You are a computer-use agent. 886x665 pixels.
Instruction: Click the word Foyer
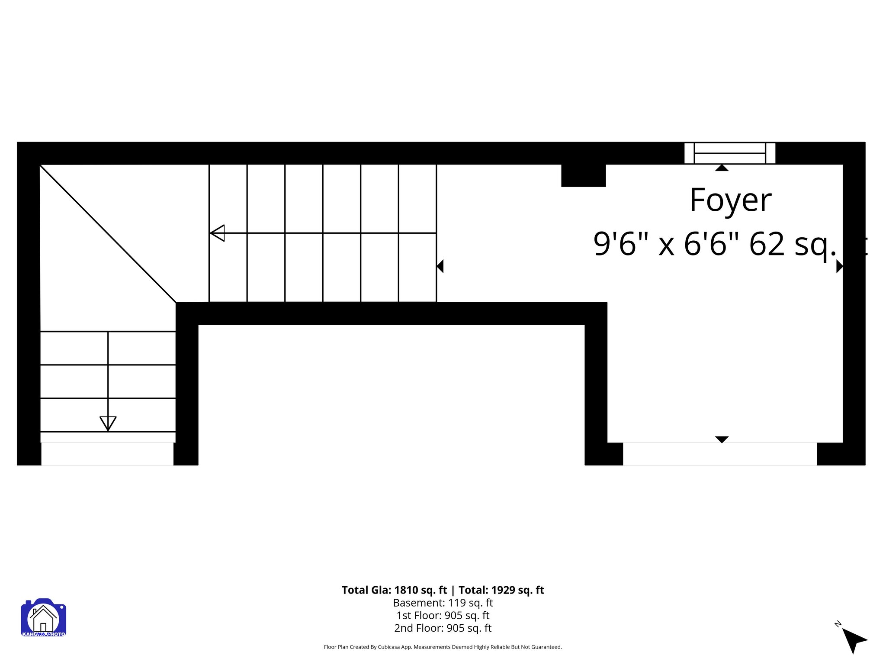click(x=730, y=200)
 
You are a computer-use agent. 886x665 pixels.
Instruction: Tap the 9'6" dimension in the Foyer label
click(x=615, y=244)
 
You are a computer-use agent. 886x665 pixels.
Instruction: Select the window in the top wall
click(x=729, y=153)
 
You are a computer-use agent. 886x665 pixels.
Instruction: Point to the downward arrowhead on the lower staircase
click(x=108, y=423)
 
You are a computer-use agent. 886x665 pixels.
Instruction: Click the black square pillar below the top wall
click(x=583, y=175)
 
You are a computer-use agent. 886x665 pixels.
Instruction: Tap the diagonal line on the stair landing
click(x=108, y=233)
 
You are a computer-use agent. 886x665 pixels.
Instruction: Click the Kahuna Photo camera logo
click(x=43, y=617)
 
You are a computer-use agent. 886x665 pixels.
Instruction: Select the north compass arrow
click(x=854, y=640)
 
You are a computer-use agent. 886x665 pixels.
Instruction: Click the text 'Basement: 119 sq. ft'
click(x=443, y=603)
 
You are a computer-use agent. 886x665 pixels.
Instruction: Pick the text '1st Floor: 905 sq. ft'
click(x=443, y=615)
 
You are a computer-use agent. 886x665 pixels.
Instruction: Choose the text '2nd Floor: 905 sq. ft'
click(x=443, y=628)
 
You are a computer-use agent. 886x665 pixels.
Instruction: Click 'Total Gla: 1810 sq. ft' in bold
click(x=394, y=590)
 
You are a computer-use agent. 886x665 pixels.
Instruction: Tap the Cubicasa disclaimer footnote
click(x=443, y=647)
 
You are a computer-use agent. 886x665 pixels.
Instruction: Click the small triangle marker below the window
click(x=721, y=168)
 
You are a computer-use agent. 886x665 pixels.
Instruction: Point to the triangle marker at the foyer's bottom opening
click(x=721, y=439)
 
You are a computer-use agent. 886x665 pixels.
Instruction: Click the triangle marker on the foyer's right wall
click(x=839, y=266)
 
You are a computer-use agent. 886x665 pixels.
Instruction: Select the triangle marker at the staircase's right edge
click(x=440, y=266)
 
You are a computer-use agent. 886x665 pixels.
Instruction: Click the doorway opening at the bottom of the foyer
click(x=719, y=454)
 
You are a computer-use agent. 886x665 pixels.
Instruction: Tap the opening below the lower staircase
click(x=107, y=454)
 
